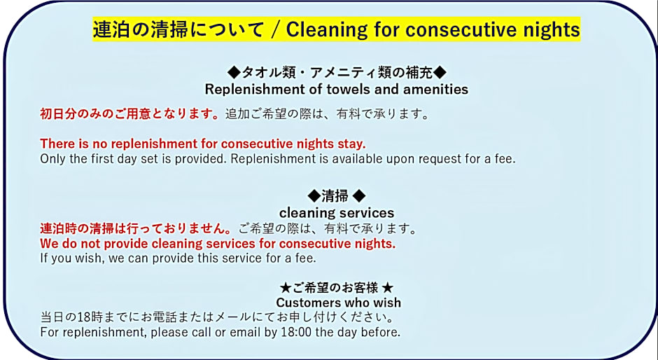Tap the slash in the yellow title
point(275,29)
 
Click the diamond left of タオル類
point(234,73)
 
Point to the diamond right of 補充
point(440,73)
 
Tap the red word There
point(57,144)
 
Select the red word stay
point(351,144)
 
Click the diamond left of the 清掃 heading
point(314,195)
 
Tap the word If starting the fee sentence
point(44,258)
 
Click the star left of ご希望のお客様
point(286,288)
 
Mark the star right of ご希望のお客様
point(388,288)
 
